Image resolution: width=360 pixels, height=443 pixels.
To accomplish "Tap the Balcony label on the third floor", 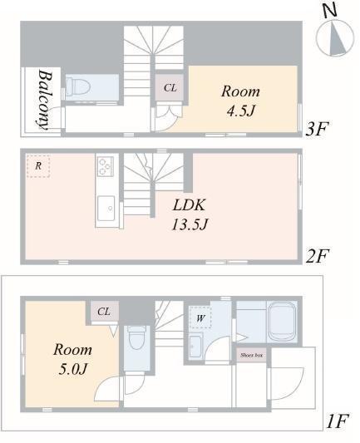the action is (x=45, y=100).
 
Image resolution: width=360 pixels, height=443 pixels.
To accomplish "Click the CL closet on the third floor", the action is (x=170, y=87).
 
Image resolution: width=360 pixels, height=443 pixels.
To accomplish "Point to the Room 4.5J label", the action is (x=240, y=101).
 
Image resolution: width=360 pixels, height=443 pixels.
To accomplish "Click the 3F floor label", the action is (x=317, y=130).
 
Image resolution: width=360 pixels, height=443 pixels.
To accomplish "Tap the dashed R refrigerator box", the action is (x=38, y=166).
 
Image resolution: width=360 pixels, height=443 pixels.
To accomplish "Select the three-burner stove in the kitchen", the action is (x=106, y=166).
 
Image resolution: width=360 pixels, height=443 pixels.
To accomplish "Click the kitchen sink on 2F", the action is (x=106, y=209).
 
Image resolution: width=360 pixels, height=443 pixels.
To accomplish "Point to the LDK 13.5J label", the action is (x=190, y=214).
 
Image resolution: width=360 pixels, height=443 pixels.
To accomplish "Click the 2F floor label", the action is (x=317, y=257).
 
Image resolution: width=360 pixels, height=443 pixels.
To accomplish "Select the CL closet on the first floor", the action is (x=104, y=311).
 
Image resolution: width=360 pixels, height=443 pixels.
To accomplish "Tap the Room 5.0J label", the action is (x=72, y=359).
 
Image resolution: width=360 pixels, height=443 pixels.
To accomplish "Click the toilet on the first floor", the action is (x=136, y=338).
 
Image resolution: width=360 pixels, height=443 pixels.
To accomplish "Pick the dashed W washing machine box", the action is (x=200, y=317).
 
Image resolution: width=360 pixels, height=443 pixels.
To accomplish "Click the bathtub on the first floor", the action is (x=282, y=322).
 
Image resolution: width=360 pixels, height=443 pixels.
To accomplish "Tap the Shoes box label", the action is (x=251, y=355).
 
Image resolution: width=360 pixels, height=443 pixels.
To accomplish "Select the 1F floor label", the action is (x=338, y=421).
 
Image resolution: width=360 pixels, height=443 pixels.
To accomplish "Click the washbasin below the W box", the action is (x=195, y=345).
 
